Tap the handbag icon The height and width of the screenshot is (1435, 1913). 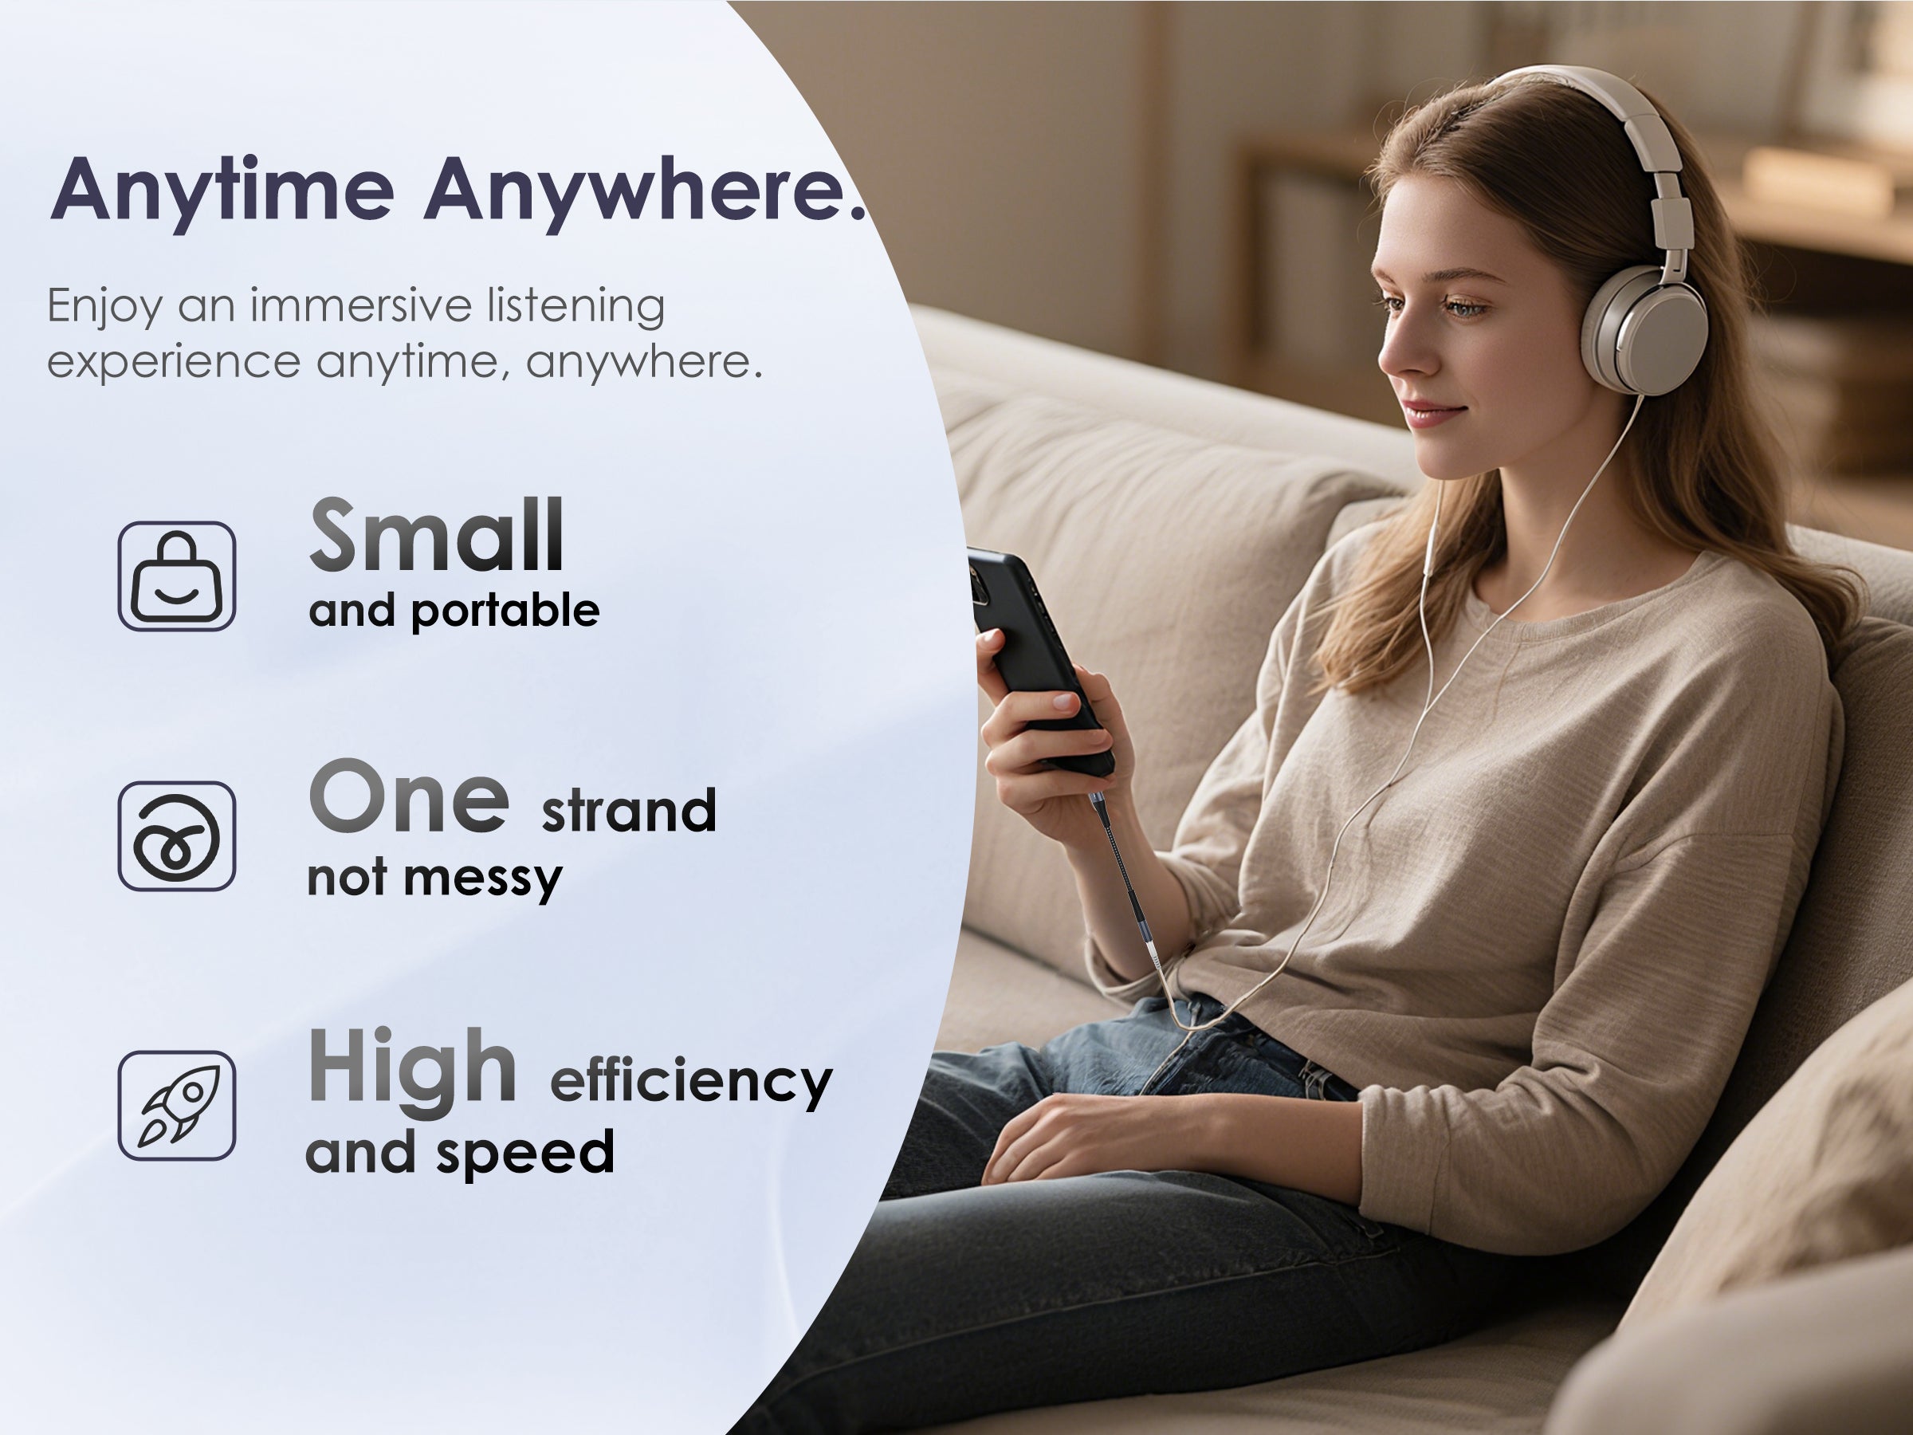176,576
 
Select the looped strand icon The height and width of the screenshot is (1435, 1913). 176,836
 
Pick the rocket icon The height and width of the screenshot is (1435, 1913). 176,1106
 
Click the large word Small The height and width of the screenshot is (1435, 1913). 437,536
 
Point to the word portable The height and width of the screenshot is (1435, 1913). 505,612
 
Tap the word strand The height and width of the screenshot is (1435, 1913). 629,811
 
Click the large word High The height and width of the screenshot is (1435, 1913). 413,1068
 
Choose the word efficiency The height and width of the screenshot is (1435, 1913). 691,1081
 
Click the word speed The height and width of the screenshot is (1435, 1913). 525,1153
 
